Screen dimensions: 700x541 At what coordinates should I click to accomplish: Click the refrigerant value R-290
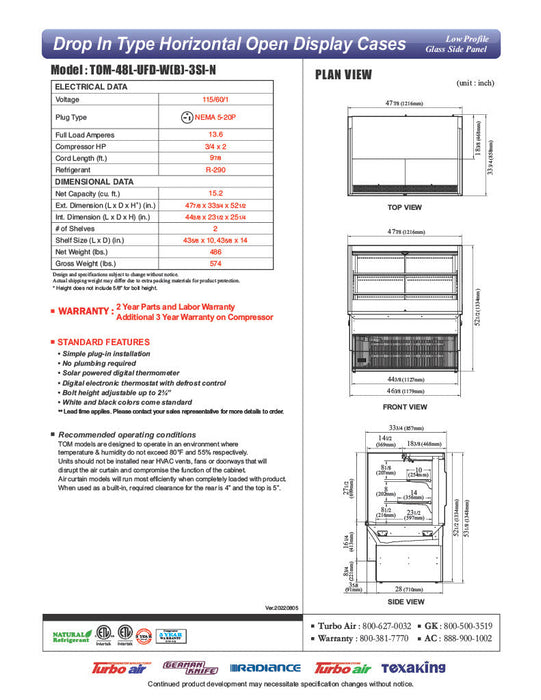coord(215,171)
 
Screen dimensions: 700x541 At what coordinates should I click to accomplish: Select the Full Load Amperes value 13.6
coord(215,133)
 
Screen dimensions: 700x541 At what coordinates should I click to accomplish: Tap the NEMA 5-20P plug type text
coord(221,116)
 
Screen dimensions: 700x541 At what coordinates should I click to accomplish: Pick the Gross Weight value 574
coord(215,264)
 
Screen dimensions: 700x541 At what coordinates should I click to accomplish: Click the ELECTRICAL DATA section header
coord(91,87)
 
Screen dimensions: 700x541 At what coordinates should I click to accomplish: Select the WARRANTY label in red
coord(84,312)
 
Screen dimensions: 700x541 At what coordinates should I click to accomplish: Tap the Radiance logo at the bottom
coord(265,668)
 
